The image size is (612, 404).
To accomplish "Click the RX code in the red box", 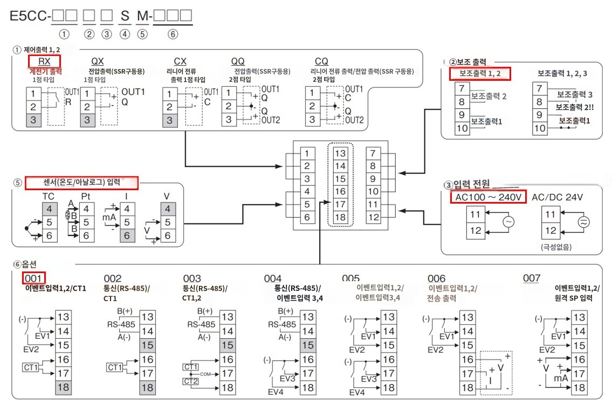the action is [x=44, y=61].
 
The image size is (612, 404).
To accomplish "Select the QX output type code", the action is [x=97, y=61].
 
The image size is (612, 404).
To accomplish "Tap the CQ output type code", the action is [x=321, y=61].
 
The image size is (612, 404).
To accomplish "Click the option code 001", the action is [x=33, y=278].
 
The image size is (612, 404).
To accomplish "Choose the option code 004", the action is [x=272, y=278].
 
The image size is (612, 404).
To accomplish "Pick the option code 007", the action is [x=532, y=278].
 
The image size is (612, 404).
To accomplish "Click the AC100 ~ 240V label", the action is [x=489, y=197].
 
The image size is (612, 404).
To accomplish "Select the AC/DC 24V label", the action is [x=557, y=197].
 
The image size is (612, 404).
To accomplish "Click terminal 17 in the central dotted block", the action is [x=340, y=204].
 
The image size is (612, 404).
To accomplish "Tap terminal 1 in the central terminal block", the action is [x=307, y=154].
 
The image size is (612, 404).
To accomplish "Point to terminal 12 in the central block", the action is [x=373, y=217].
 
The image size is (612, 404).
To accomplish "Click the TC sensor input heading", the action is [x=49, y=196].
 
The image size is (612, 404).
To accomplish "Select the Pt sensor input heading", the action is [x=86, y=196].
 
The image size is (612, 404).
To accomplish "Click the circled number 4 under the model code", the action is [x=125, y=34].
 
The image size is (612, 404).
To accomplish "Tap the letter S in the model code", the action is [x=125, y=16].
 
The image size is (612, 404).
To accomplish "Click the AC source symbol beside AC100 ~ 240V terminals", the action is [x=508, y=222].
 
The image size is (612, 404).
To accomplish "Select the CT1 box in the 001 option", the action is [x=31, y=367].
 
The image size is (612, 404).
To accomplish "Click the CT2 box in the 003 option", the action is [x=190, y=381].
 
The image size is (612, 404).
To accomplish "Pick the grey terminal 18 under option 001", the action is [x=63, y=387].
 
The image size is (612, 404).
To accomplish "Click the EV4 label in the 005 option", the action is [x=357, y=392].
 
